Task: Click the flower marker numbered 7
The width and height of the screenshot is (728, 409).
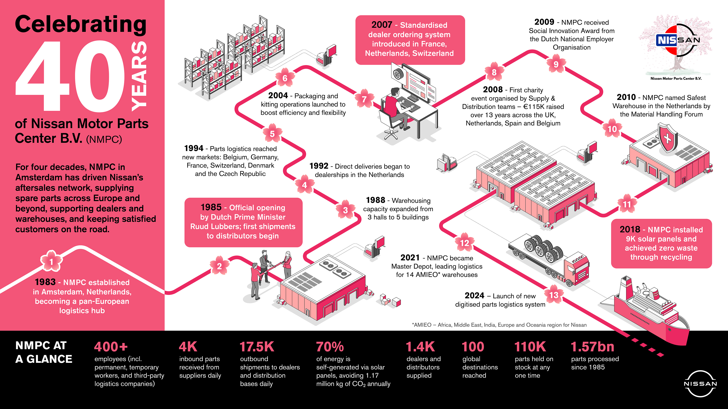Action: pos(364,99)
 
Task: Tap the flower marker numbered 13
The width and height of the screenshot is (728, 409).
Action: pos(554,295)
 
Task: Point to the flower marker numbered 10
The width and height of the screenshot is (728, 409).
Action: pos(612,129)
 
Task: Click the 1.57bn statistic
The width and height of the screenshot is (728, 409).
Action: pos(592,347)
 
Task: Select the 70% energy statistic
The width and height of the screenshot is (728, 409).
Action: pos(330,347)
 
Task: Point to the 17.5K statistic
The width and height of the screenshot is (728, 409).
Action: pos(257,347)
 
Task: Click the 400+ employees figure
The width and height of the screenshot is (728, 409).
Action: pos(111,347)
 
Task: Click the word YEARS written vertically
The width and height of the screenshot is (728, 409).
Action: pos(139,76)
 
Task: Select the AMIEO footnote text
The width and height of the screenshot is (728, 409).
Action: pos(499,325)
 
